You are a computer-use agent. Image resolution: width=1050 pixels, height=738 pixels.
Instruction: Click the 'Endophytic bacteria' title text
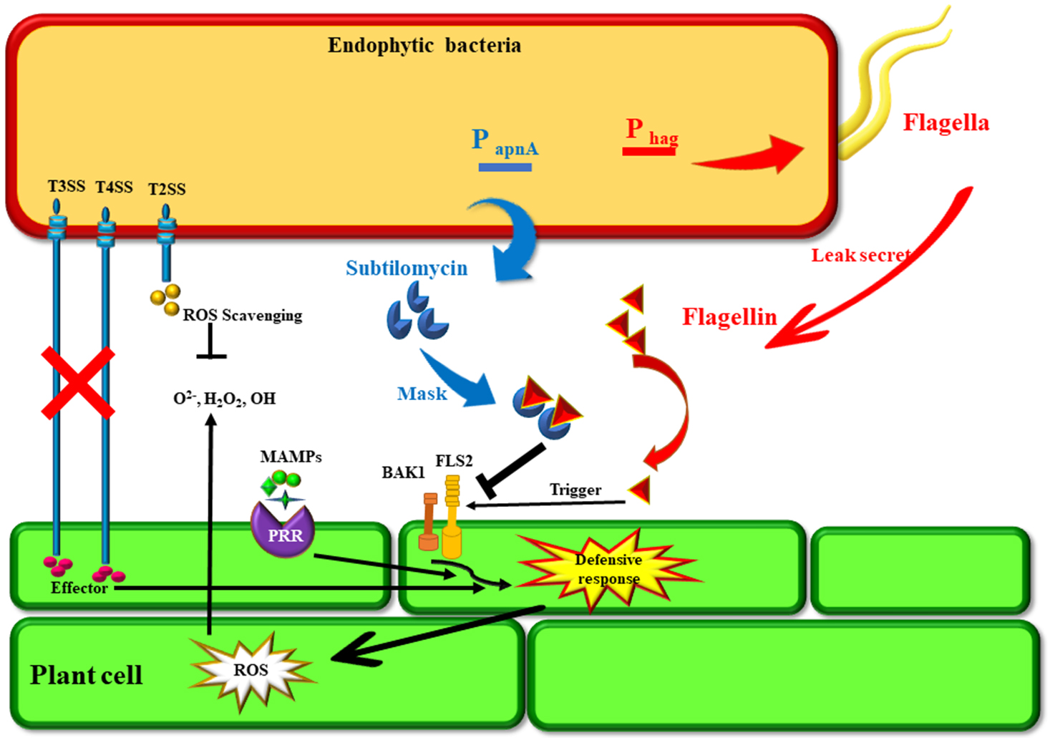(424, 46)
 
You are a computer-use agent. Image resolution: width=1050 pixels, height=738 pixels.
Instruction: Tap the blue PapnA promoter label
(505, 143)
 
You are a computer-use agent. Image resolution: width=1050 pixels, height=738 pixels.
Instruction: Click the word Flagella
(946, 122)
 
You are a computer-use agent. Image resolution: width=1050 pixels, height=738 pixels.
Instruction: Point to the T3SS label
(67, 187)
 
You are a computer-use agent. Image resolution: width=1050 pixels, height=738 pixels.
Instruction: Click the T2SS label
(167, 190)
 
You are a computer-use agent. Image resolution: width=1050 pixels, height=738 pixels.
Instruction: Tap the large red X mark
(78, 382)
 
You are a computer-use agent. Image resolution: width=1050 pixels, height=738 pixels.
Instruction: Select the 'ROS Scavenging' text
(242, 316)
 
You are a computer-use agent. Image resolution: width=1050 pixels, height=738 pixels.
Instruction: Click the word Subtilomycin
(407, 268)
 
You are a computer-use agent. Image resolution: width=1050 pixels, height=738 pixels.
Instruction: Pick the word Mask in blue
(422, 394)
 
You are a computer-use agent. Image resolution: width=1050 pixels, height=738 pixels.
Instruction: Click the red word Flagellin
(729, 316)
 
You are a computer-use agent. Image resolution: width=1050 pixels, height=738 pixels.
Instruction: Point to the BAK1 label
(403, 472)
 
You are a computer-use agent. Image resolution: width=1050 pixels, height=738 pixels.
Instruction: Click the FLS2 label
(454, 461)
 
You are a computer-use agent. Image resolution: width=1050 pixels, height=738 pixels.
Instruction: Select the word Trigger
(575, 490)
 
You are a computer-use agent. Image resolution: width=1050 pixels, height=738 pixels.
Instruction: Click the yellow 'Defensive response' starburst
(608, 569)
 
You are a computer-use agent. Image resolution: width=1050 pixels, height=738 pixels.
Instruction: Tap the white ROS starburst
(251, 670)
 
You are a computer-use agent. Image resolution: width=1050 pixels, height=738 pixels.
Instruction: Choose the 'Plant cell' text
(86, 675)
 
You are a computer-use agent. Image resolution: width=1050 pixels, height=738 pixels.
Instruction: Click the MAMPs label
(291, 457)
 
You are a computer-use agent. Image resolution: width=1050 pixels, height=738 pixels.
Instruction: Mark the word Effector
(79, 588)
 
